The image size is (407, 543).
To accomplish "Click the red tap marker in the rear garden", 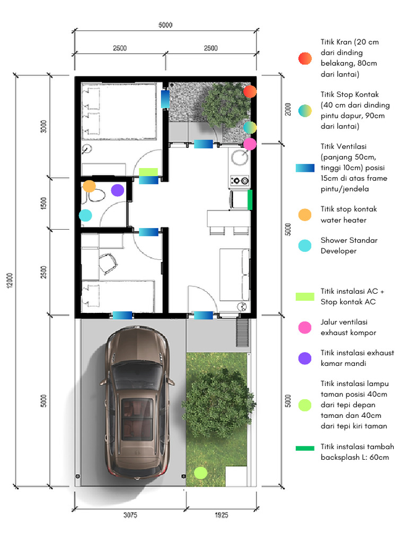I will click(250, 92).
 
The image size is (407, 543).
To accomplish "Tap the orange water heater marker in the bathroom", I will click(89, 186).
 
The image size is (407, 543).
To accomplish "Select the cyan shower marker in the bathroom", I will click(85, 215).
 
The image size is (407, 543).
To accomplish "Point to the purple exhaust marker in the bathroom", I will click(118, 190).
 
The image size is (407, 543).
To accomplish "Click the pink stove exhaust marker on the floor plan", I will click(250, 144).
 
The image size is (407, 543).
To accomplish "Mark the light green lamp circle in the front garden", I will click(200, 472).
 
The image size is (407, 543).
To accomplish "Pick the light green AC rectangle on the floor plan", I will click(148, 172).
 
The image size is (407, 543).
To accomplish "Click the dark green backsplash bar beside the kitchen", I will click(250, 200).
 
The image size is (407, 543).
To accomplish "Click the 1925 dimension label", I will click(221, 515).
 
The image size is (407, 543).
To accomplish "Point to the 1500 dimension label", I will click(44, 204).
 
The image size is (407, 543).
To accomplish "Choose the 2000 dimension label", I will click(287, 110).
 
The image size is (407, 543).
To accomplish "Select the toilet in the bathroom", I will click(96, 197).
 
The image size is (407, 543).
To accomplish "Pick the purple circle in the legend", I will click(305, 358).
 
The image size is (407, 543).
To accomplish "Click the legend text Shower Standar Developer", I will click(349, 246).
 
